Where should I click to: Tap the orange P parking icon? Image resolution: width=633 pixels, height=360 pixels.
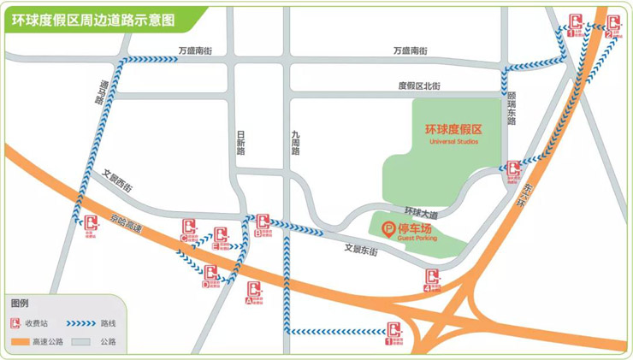388,229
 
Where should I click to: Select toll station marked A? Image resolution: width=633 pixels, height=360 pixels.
254,292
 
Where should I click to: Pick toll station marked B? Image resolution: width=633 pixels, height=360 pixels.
263,224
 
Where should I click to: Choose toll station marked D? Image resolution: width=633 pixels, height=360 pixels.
210,275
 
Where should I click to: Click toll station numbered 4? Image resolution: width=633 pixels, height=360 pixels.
433,279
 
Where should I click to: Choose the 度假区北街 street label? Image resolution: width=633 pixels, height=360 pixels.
418,86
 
